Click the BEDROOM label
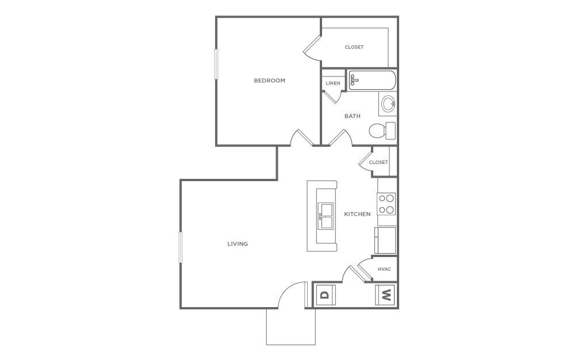coord(269,81)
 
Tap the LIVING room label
coord(238,244)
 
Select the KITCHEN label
coord(357,214)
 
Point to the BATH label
coord(353,116)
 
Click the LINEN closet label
coord(333,83)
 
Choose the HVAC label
coord(384,269)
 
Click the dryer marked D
coord(325,296)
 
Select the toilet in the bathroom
coord(382,131)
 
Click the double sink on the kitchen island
coord(326,216)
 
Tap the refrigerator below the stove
coord(385,240)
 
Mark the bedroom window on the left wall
coord(217,64)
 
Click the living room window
coord(181,247)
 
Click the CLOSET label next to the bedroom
coord(354,47)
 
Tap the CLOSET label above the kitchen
coord(378,162)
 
